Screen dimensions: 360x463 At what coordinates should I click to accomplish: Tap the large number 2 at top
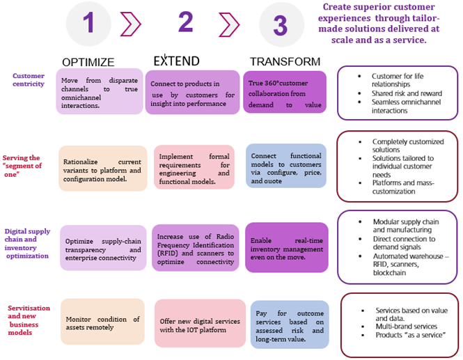(x=185, y=23)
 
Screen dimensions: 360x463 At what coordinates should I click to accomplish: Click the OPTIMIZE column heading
(x=88, y=61)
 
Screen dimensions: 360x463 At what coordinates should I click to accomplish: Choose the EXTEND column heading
(x=176, y=61)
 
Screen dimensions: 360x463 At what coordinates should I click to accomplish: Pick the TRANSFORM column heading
(x=285, y=61)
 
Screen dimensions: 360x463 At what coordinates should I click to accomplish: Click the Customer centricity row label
(x=29, y=80)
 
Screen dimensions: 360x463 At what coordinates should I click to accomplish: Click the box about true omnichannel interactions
(x=99, y=91)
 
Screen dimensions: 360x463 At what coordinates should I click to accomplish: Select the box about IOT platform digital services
(x=199, y=324)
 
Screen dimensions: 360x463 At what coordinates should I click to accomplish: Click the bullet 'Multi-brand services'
(x=407, y=325)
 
